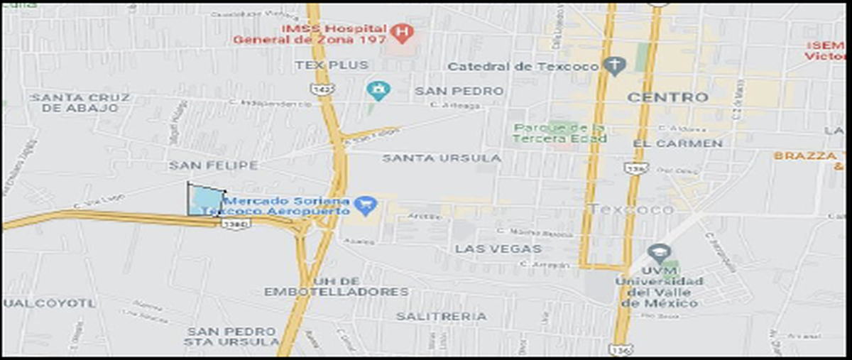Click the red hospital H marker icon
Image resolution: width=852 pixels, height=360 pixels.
[x=403, y=32]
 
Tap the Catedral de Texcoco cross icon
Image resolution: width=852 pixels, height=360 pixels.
[x=614, y=66]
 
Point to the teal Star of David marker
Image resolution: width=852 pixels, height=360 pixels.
[x=378, y=90]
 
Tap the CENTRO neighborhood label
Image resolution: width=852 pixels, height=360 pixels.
[x=668, y=97]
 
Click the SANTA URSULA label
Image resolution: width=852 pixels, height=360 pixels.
[x=442, y=158]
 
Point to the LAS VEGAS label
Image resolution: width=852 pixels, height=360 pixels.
[x=498, y=249]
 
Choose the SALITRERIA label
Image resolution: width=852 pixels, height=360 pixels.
[x=441, y=316]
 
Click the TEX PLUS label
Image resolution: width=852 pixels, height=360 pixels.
[x=332, y=65]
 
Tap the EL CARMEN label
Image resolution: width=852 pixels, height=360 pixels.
[x=677, y=143]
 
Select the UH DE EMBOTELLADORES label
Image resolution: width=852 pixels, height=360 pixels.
[x=336, y=286]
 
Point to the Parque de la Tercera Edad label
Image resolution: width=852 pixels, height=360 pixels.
[x=561, y=133]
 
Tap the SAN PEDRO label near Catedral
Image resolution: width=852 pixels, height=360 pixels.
[x=459, y=91]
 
